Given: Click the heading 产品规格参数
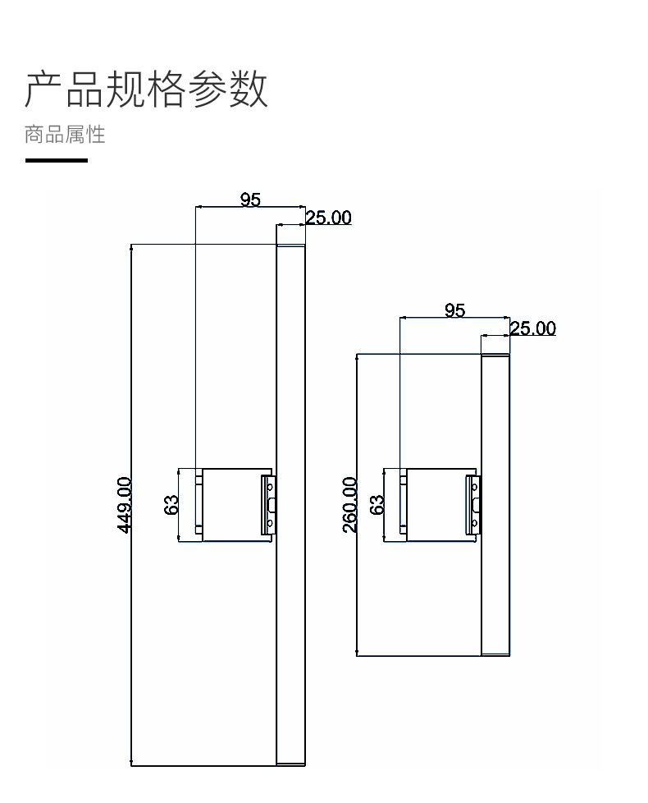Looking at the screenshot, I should point(147,89).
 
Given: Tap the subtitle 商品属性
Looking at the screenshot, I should point(65,134).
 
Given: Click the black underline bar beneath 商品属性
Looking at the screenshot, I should point(57,160).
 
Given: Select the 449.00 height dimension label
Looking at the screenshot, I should point(125,504).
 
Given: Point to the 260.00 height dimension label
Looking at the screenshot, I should point(350,504).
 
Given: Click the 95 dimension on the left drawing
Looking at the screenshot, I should point(250,200).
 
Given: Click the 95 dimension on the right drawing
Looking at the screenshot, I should point(454,310).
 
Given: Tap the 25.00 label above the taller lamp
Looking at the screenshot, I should point(328,218).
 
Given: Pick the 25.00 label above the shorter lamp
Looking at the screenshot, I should point(532,328).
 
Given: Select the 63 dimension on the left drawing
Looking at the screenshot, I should point(171,504).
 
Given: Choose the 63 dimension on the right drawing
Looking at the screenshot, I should point(376,504).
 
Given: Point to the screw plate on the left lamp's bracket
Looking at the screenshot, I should point(269,504).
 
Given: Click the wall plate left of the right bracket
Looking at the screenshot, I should point(403,504).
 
